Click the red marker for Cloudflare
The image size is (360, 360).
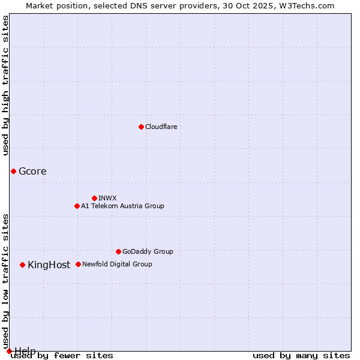(141, 127)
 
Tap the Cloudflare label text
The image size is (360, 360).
(161, 127)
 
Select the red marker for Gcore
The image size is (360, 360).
(13, 171)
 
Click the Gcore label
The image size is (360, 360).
(32, 171)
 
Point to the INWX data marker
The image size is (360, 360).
(94, 198)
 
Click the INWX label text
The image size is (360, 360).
(107, 198)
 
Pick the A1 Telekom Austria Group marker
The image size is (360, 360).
(77, 206)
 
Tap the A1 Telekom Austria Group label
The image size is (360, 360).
(122, 206)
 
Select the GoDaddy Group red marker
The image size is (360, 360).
(118, 251)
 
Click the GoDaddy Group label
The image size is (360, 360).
(148, 251)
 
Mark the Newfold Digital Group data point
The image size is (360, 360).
(78, 264)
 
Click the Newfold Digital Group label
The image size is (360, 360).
(117, 264)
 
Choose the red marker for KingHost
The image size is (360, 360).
(22, 265)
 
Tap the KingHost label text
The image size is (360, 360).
(49, 265)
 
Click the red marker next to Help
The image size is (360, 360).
(9, 351)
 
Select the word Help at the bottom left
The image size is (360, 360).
(25, 351)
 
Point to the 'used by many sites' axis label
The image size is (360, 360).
(301, 356)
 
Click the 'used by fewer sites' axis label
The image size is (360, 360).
(62, 356)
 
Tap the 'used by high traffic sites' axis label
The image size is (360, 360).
(6, 85)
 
